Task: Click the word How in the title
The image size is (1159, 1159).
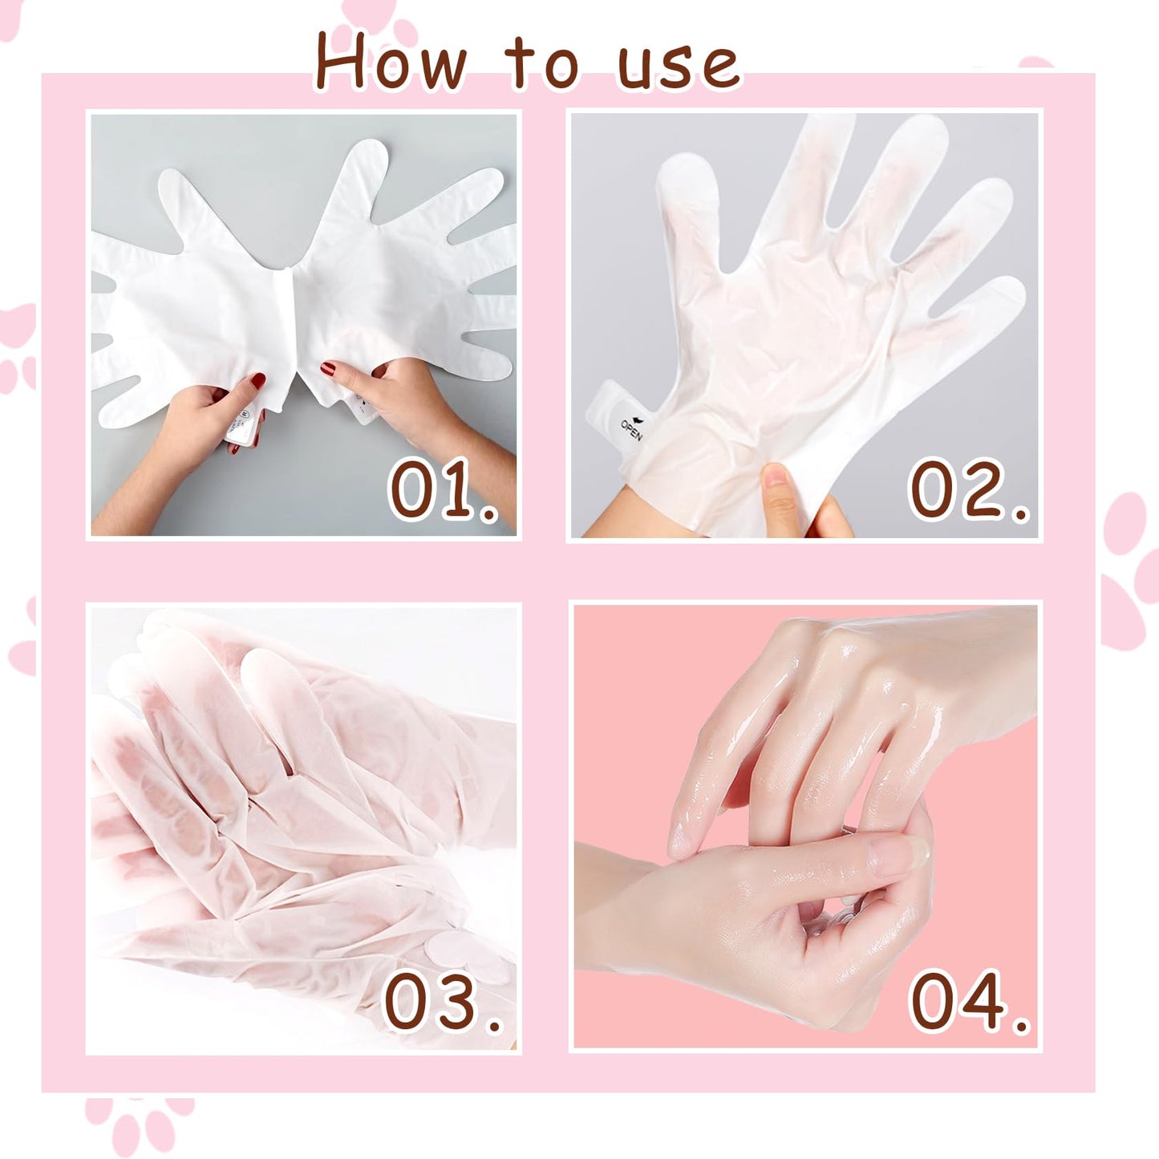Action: [390, 62]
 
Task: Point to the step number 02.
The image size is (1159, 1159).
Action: [967, 490]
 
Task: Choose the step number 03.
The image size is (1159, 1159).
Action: [443, 1003]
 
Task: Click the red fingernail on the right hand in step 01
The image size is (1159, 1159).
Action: [328, 368]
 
